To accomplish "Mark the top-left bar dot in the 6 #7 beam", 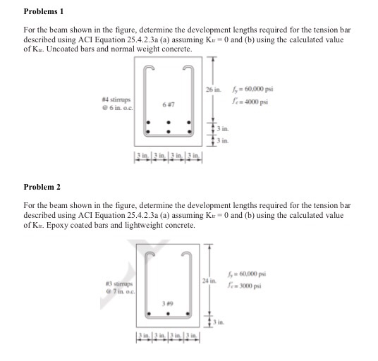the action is [147, 121].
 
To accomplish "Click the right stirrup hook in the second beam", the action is [189, 253].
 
